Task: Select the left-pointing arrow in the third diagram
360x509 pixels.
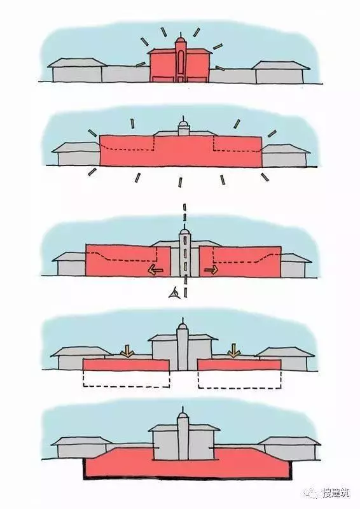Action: pos(155,270)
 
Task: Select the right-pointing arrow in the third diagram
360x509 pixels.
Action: pos(211,270)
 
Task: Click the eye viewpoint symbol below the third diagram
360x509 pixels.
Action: pos(174,293)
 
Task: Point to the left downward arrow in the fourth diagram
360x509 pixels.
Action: pos(127,351)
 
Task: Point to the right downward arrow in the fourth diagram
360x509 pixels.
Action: pos(233,351)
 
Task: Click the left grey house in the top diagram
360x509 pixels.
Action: pos(77,70)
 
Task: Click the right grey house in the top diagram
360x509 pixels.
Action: pos(280,72)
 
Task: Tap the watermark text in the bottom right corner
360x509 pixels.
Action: pos(336,493)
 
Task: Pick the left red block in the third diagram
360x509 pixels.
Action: pos(128,260)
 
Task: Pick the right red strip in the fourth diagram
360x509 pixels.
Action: pos(239,365)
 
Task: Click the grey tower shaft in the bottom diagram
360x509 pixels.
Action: pos(183,438)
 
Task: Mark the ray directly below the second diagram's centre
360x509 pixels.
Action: pos(180,182)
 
